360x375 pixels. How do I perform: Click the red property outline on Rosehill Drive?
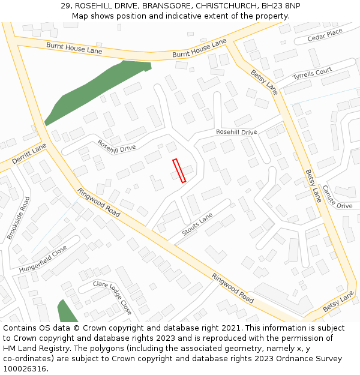pos(179,170)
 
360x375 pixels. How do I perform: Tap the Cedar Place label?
pos(325,35)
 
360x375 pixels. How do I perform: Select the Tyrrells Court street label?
pos(312,75)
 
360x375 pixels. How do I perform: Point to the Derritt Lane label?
pos(29,154)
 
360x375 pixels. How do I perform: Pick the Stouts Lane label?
pos(197,224)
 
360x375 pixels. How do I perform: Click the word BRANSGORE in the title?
pos(161,6)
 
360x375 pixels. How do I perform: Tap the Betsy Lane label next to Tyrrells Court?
pos(265,80)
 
